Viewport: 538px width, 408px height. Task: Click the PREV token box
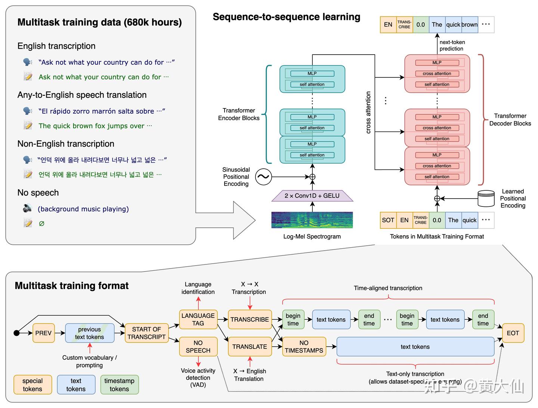43,333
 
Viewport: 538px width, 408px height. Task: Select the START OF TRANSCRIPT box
146,333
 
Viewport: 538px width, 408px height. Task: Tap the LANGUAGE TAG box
198,319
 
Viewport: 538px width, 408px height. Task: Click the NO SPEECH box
198,347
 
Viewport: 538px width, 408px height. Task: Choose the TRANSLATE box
250,347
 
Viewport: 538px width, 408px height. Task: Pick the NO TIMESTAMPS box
304,347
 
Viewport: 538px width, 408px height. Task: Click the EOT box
513,333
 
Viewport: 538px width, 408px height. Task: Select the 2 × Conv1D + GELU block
312,196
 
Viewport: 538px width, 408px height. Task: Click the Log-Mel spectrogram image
312,220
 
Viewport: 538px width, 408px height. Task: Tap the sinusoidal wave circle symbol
263,177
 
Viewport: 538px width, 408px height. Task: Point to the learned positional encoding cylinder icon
486,199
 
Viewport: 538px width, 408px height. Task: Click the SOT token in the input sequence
388,220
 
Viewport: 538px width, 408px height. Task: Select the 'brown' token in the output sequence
470,25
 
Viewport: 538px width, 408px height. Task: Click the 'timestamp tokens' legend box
119,385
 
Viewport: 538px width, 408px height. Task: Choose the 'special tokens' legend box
33,385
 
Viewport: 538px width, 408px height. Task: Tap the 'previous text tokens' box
90,333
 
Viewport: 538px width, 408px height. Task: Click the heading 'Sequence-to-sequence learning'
287,17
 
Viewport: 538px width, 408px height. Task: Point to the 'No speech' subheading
38,193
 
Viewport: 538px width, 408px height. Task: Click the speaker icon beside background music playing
27,208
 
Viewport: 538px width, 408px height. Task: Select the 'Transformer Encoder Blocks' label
239,114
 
